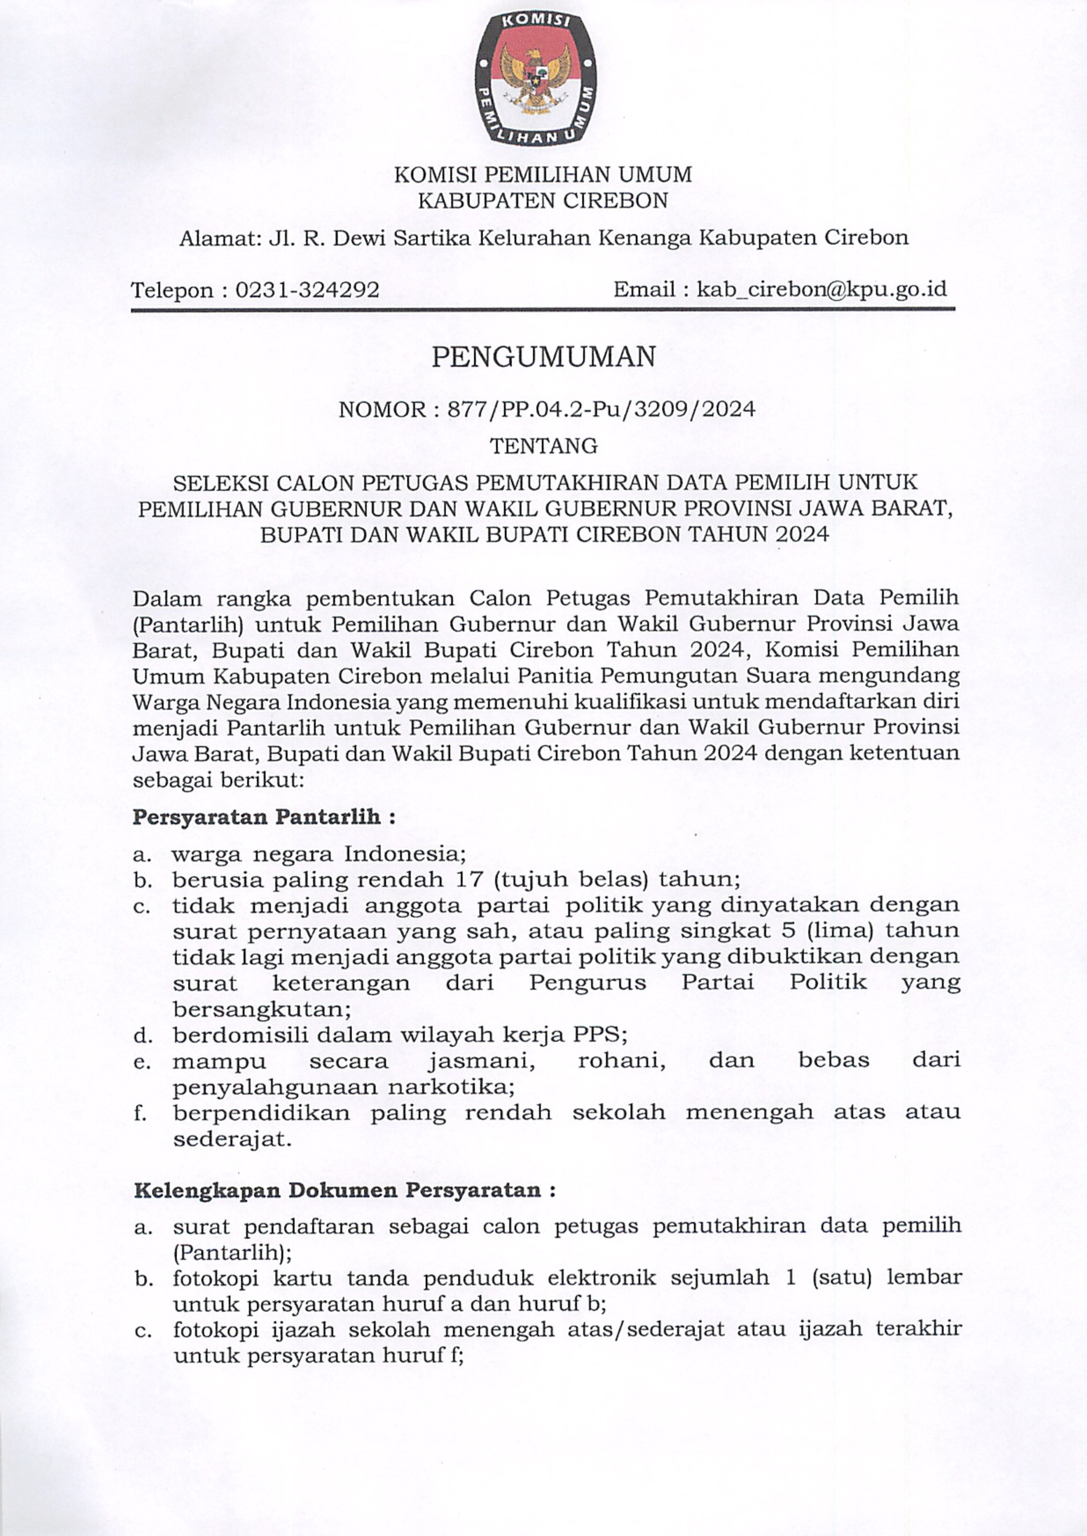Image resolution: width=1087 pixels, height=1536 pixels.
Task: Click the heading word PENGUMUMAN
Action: pyautogui.click(x=543, y=358)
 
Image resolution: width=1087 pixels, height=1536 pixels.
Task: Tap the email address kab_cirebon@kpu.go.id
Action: pyautogui.click(x=822, y=289)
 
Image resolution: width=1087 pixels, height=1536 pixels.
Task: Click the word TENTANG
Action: pyautogui.click(x=543, y=446)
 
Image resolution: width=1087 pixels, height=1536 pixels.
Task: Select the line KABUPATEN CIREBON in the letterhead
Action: pyautogui.click(x=543, y=200)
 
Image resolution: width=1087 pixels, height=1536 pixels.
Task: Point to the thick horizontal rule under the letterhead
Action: pyautogui.click(x=543, y=309)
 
